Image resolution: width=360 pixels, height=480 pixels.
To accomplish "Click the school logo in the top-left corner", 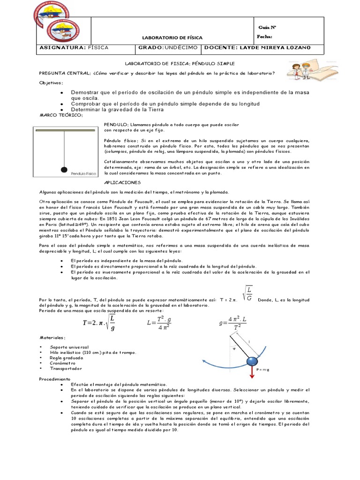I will [52, 21].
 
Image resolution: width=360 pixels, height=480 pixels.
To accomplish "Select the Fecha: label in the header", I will [264, 37].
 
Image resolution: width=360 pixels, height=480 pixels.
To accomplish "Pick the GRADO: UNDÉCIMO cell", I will [168, 48].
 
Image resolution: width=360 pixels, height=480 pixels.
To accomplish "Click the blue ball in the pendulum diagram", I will [252, 361].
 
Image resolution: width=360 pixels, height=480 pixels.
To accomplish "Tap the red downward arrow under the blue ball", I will [252, 372].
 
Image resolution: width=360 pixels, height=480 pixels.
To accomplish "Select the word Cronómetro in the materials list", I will [63, 363].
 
